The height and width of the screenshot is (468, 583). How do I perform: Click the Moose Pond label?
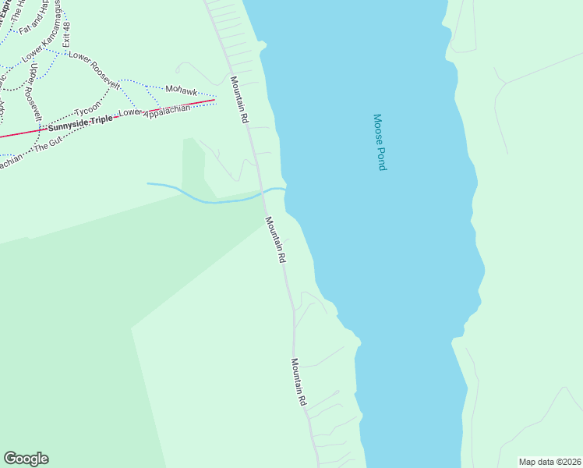(380, 143)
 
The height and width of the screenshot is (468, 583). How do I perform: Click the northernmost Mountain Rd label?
(238, 101)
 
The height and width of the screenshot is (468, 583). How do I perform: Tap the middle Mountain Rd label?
(276, 239)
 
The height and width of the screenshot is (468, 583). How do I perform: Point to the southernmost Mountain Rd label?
(299, 381)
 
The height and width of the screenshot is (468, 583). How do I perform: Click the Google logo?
(26, 459)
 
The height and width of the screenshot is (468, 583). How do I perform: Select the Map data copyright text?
(550, 461)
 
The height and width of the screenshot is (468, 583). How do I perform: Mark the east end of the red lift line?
(214, 100)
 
